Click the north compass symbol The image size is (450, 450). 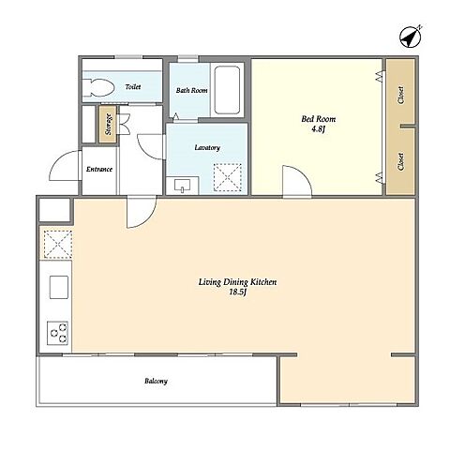[x=411, y=37]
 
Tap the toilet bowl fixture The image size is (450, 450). [x=97, y=87]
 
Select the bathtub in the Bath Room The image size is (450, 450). [x=227, y=90]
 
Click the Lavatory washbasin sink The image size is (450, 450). [x=183, y=186]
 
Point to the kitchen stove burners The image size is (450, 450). [x=57, y=333]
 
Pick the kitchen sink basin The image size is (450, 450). [x=59, y=287]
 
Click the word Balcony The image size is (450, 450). [x=156, y=381]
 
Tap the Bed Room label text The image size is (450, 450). [x=319, y=119]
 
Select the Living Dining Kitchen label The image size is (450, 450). [x=237, y=282]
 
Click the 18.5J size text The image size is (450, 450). [x=238, y=292]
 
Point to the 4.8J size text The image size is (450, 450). [x=319, y=128]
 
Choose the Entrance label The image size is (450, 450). [x=99, y=169]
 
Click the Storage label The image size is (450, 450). [x=108, y=124]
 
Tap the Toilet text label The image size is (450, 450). [x=133, y=86]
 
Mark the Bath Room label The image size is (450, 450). [x=191, y=90]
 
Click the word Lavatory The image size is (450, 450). [x=207, y=147]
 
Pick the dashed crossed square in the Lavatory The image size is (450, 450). [x=228, y=177]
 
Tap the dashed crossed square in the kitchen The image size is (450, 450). [x=58, y=245]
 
